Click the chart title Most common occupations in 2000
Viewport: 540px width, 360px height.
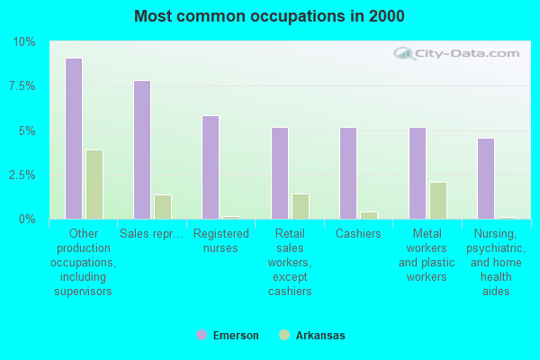pyautogui.click(x=269, y=16)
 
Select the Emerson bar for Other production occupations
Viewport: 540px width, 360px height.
pyautogui.click(x=74, y=139)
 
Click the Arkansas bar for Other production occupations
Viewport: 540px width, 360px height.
pyautogui.click(x=94, y=184)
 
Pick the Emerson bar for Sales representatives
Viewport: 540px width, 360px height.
pyautogui.click(x=142, y=149)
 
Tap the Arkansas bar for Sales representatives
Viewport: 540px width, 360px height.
pyautogui.click(x=163, y=207)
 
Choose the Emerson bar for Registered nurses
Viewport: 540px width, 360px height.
pyautogui.click(x=211, y=167)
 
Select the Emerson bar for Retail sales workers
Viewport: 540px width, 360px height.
pyautogui.click(x=280, y=173)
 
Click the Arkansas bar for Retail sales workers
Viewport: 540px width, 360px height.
pyautogui.click(x=301, y=206)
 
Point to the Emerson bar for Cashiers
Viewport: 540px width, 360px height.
pyautogui.click(x=348, y=173)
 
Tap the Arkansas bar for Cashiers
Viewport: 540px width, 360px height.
pyautogui.click(x=369, y=215)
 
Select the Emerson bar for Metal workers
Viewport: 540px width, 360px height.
pyautogui.click(x=418, y=173)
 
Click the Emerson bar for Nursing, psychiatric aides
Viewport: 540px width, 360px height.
pyautogui.click(x=486, y=178)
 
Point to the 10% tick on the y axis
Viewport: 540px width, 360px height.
pyautogui.click(x=23, y=42)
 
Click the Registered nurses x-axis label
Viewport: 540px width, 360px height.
pyautogui.click(x=220, y=240)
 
